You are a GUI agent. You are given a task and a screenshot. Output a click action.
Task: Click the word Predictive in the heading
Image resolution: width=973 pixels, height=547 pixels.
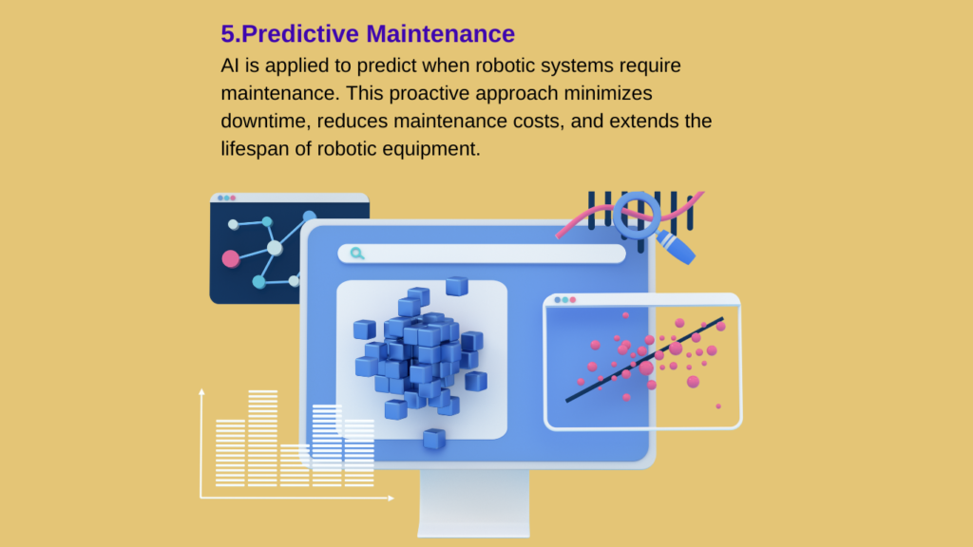[x=299, y=34]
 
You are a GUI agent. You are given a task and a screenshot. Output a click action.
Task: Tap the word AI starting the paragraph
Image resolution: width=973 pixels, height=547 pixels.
[x=230, y=66]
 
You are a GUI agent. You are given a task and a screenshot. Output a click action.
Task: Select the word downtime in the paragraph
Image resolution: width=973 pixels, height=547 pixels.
[x=265, y=121]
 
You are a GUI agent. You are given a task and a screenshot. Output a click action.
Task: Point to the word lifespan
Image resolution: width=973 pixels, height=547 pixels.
[x=255, y=149]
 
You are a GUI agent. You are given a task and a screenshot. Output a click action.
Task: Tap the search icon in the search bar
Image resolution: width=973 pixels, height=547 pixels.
[x=357, y=253]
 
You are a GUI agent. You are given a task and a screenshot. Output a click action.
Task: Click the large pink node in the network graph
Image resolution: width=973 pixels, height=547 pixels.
[x=230, y=258]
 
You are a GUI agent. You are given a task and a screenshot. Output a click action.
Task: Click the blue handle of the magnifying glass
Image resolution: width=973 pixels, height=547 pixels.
[x=677, y=248]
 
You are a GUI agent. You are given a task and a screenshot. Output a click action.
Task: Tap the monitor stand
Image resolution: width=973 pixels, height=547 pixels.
[x=474, y=502]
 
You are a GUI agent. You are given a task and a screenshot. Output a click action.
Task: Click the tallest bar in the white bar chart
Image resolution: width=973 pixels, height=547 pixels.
[x=262, y=438]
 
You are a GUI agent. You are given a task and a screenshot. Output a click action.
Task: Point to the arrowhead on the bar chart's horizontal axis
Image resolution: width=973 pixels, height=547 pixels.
[x=391, y=498]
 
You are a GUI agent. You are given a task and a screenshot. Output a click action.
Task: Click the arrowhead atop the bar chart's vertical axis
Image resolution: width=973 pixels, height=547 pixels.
[x=201, y=392]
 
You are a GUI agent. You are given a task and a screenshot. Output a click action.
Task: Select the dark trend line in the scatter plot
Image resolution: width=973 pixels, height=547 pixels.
[x=644, y=360]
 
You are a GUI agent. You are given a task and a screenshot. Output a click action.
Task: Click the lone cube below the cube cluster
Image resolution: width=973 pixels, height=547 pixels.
[x=434, y=439]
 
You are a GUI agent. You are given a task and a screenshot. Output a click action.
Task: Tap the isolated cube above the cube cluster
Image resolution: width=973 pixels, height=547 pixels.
[x=457, y=286]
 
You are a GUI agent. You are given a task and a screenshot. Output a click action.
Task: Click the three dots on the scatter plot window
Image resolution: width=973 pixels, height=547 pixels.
[x=564, y=300]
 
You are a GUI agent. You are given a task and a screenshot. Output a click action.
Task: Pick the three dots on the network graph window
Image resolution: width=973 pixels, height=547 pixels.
[x=226, y=198]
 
